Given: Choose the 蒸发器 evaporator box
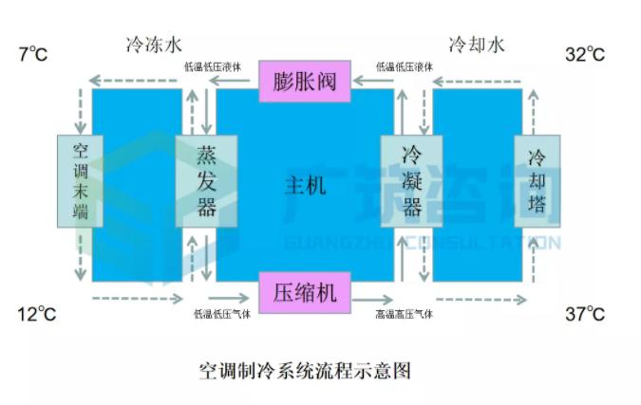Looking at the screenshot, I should pyautogui.click(x=206, y=181).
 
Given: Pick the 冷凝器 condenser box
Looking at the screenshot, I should pyautogui.click(x=412, y=181).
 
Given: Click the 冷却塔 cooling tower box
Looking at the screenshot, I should pyautogui.click(x=537, y=181).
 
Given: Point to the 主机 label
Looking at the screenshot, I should pyautogui.click(x=305, y=184).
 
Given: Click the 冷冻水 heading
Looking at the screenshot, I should pyautogui.click(x=153, y=45).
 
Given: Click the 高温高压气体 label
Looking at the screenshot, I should pyautogui.click(x=404, y=313).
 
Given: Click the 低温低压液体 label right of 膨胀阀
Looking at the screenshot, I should pyautogui.click(x=404, y=67).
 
